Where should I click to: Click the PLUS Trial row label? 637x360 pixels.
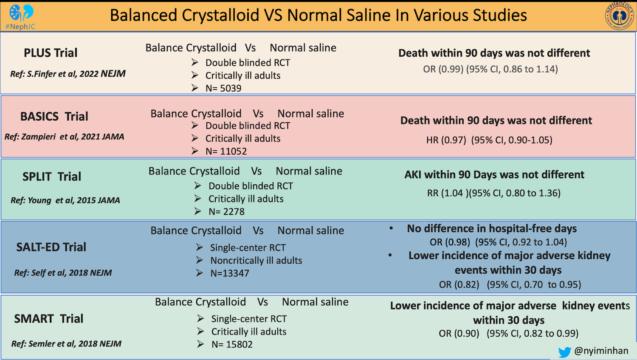click(51, 53)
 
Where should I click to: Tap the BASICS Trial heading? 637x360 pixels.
click(54, 116)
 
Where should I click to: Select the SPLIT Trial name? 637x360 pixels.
click(51, 177)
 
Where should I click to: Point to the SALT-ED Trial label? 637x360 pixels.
click(51, 247)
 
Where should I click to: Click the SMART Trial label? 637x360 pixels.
click(48, 319)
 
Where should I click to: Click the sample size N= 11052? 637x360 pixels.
click(226, 151)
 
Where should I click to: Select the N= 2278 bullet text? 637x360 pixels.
click(226, 211)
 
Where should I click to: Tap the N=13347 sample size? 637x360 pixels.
click(230, 273)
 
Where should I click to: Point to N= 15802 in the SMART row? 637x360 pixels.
click(232, 344)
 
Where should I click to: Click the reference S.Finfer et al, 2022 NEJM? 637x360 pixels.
click(68, 74)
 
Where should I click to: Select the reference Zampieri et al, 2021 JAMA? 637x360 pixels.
click(64, 137)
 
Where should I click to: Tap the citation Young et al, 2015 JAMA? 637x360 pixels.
click(65, 200)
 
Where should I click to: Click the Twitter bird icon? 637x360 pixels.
click(564, 352)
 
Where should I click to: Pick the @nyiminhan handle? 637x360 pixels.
click(601, 351)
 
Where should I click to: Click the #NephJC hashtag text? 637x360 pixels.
click(20, 27)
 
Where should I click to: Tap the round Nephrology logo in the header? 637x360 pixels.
click(619, 16)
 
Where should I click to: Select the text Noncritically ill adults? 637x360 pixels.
click(256, 261)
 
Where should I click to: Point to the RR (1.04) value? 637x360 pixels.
click(447, 194)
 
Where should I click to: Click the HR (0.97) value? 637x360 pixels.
click(446, 140)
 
